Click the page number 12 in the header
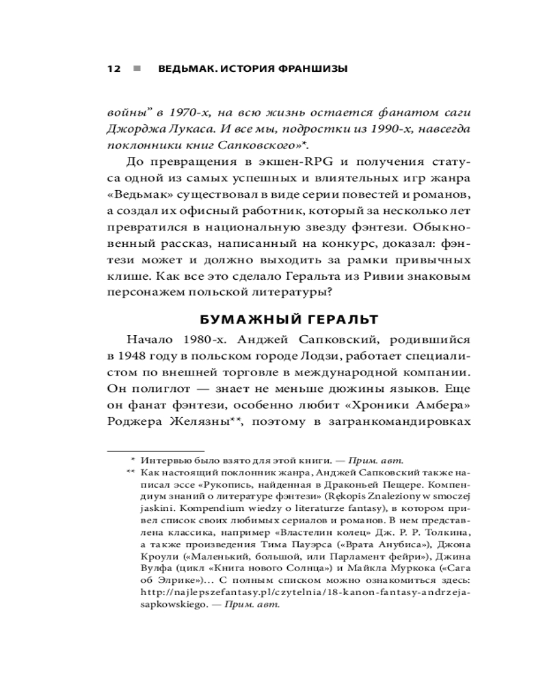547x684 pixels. [114, 69]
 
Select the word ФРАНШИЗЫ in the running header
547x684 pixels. [309, 69]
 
